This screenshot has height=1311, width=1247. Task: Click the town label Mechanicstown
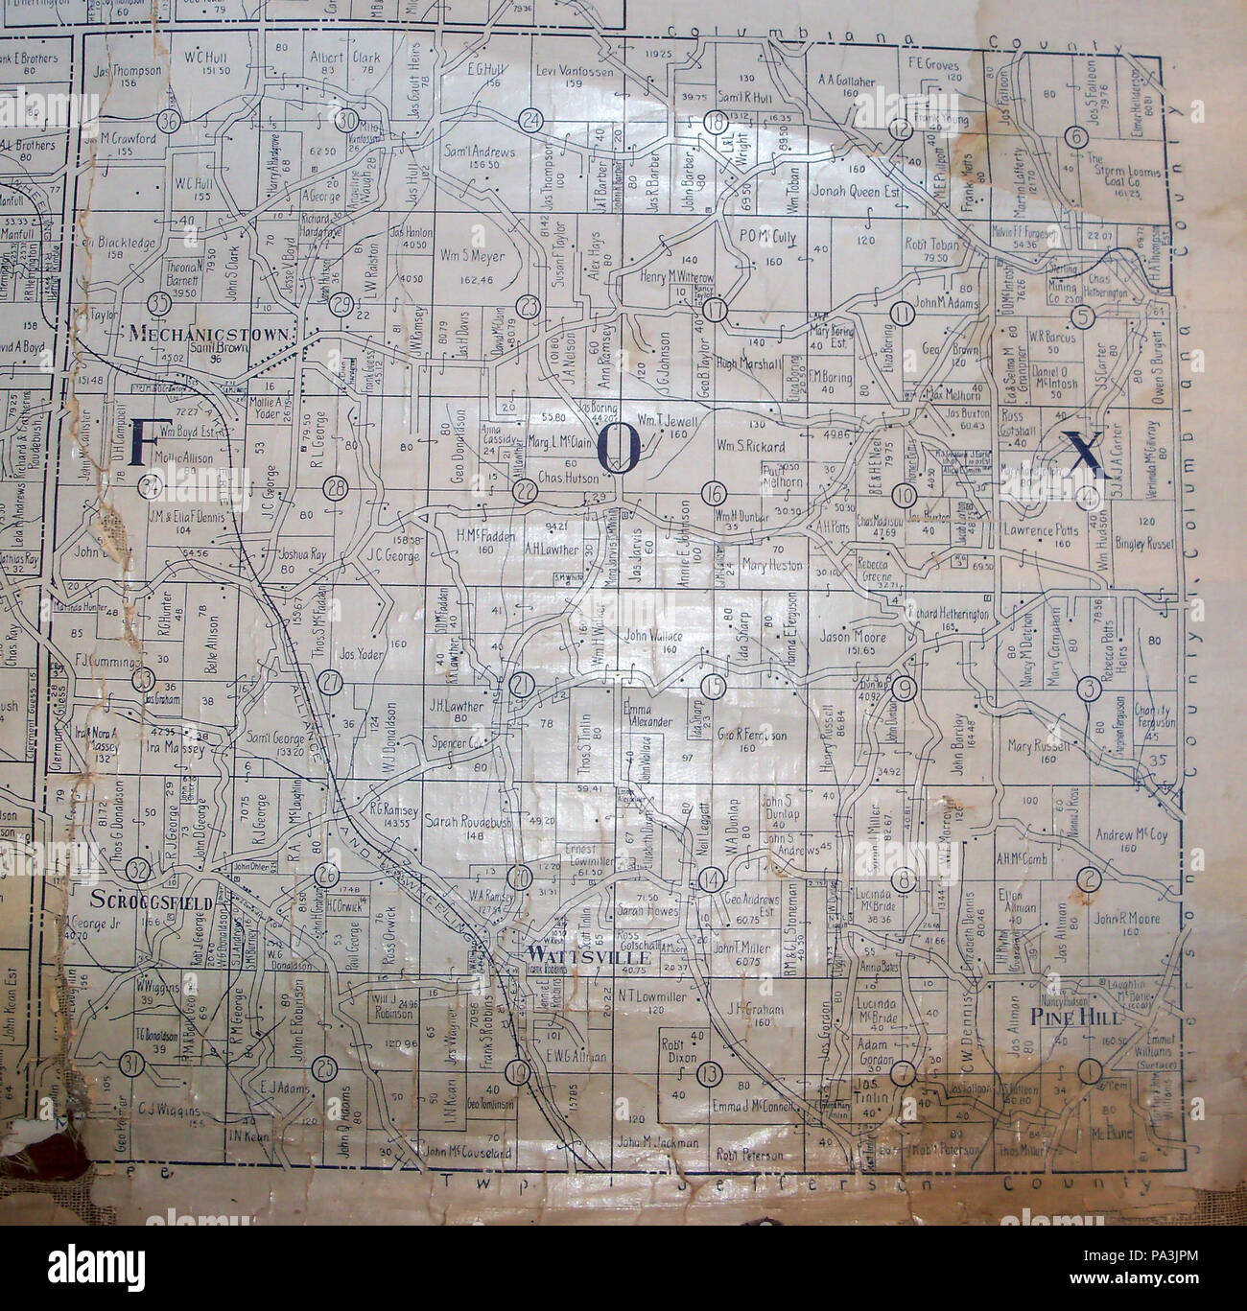[x=222, y=333]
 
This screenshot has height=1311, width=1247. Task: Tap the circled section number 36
[x=171, y=122]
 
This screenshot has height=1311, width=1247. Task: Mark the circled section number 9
[x=902, y=688]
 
